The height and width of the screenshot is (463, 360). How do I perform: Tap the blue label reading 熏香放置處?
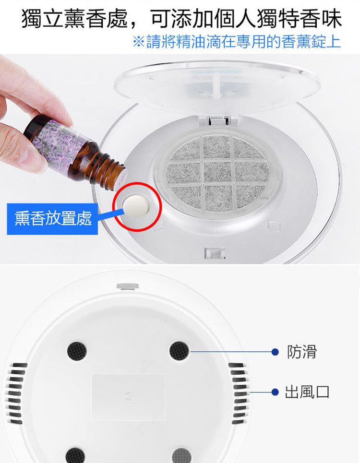(53, 219)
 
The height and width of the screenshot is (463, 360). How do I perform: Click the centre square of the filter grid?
(217, 172)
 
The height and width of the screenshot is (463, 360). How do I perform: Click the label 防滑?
(302, 352)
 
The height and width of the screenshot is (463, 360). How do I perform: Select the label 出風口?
(307, 392)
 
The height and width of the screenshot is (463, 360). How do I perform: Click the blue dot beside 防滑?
(275, 352)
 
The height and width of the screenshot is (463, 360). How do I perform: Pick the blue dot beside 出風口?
(275, 392)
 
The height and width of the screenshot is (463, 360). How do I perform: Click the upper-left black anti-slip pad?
(77, 351)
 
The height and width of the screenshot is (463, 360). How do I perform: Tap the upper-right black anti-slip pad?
(179, 351)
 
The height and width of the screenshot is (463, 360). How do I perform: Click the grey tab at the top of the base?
(128, 286)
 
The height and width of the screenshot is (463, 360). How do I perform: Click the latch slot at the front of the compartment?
(215, 253)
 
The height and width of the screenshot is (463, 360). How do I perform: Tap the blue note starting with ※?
(237, 42)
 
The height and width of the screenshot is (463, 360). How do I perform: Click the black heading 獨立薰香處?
(74, 18)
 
